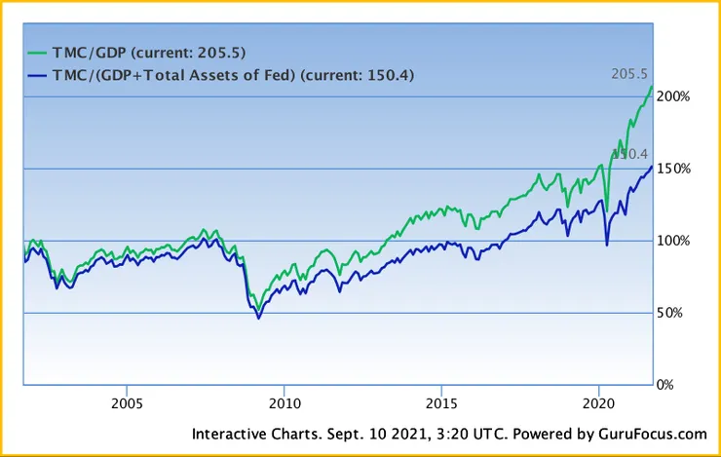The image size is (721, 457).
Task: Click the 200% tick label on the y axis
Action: (x=674, y=96)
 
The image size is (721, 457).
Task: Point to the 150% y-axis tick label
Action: (x=674, y=169)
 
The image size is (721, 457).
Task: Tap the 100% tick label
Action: (x=674, y=241)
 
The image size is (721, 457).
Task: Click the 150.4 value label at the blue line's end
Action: (x=630, y=154)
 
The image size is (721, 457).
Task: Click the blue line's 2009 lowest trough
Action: (x=258, y=318)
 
